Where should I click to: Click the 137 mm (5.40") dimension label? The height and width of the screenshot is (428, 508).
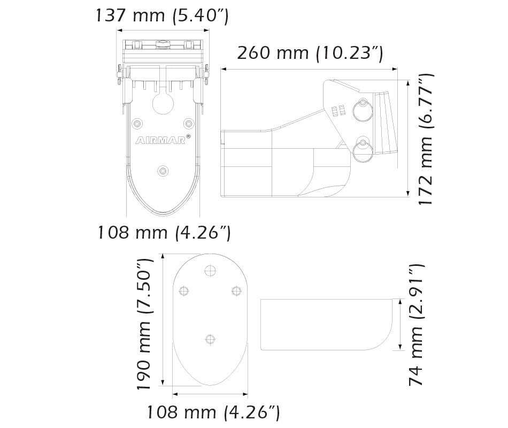(x=163, y=16)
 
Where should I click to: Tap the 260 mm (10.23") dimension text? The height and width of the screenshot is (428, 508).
(x=310, y=53)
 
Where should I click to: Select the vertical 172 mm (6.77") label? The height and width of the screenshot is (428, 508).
(x=425, y=140)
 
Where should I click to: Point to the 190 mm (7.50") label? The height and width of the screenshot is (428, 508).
(x=143, y=324)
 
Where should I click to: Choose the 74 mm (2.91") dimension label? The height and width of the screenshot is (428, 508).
(x=415, y=325)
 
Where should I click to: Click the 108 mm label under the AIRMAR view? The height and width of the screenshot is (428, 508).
(x=164, y=232)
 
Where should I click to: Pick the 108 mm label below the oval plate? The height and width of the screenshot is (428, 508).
(x=213, y=412)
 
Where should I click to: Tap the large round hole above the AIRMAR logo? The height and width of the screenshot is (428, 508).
(x=163, y=103)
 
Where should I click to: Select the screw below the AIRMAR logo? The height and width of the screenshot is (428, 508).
(x=163, y=171)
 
